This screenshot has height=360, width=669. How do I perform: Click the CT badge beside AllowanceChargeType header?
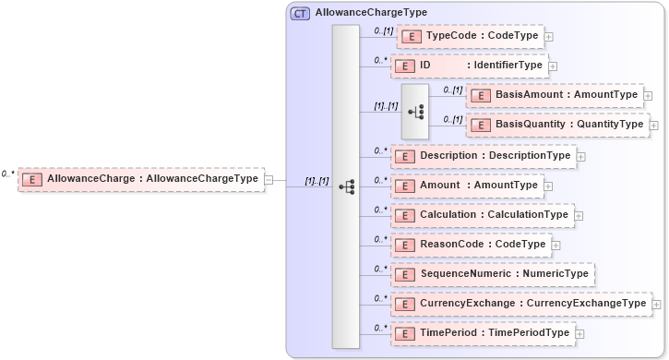point(300,14)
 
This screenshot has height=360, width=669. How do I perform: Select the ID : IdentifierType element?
point(469,66)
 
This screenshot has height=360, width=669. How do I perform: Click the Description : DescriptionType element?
point(483,156)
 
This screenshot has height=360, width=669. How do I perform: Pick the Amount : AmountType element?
point(468,186)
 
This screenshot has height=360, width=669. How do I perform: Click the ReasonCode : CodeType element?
point(472,245)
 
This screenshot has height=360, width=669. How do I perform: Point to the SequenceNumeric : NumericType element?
point(492,274)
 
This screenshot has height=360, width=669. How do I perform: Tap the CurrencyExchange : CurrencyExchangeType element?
point(521,304)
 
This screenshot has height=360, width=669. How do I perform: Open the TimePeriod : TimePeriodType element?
point(483,333)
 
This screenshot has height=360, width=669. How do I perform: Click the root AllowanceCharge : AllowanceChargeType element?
point(141,179)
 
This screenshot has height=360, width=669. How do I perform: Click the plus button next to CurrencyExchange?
point(657,304)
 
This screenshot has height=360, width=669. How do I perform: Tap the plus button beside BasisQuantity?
point(654,125)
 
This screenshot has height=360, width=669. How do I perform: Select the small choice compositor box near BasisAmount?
point(415,110)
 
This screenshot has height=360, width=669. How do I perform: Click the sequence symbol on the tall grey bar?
point(346,186)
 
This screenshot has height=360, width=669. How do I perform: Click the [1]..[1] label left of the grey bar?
point(317,181)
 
